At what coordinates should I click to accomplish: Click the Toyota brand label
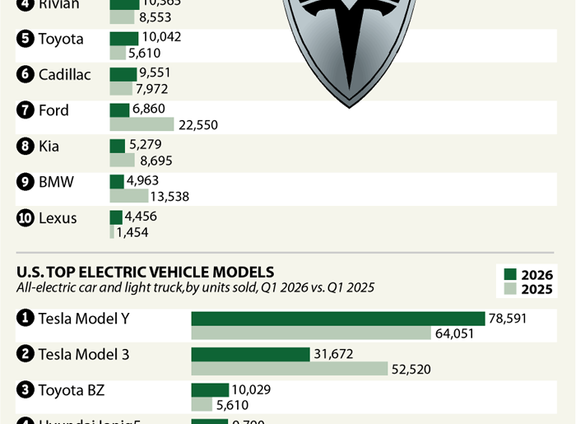pos(60,39)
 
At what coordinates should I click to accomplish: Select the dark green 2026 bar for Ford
pos(120,109)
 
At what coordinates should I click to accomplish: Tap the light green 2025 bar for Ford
pos(142,124)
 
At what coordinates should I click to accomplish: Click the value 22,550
pos(198,125)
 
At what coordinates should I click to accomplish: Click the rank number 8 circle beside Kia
pos(25,147)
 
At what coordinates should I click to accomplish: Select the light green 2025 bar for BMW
pos(129,196)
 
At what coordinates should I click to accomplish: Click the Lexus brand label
pos(58,218)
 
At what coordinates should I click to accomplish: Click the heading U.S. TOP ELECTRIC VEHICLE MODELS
pos(145,272)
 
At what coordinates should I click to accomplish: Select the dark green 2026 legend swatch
pos(510,275)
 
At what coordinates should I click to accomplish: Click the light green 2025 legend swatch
pos(510,290)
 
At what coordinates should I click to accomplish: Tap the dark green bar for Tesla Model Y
pos(338,319)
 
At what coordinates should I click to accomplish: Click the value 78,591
pos(509,318)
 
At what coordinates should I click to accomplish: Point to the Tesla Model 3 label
pos(83,354)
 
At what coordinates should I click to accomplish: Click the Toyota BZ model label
pos(71,390)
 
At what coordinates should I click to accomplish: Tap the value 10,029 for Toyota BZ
pos(252,389)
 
